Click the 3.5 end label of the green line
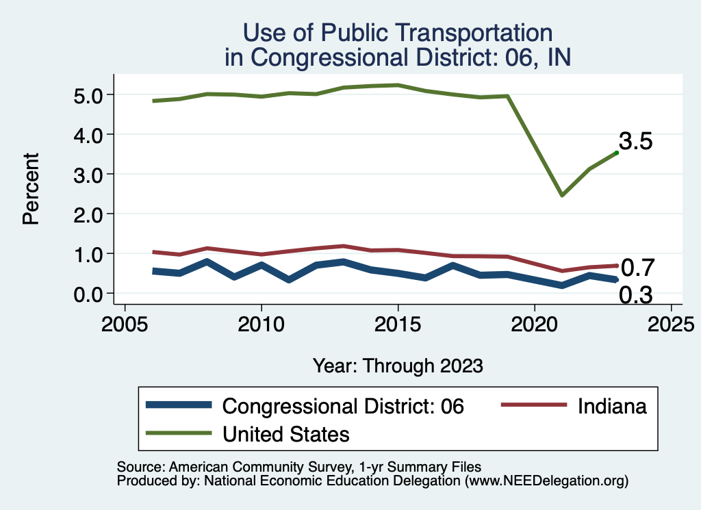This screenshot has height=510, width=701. pos(636,142)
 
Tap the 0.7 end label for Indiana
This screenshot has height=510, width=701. pos(638,268)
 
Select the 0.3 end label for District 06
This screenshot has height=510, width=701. pos(636,296)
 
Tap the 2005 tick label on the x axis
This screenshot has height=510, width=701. pos(125,323)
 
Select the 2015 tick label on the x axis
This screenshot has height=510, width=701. pos(398,323)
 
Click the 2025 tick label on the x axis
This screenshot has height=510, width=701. pos(671,323)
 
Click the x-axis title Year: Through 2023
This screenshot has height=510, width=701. pos(398,366)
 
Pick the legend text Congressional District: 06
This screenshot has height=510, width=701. pos(344,406)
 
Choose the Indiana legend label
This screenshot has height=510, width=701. pos(612,406)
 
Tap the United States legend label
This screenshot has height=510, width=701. pos(286,434)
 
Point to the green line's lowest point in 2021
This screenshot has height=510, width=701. pos(562,196)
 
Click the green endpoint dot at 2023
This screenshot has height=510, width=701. pos(617,153)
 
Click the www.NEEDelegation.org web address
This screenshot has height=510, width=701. pos(546,481)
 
